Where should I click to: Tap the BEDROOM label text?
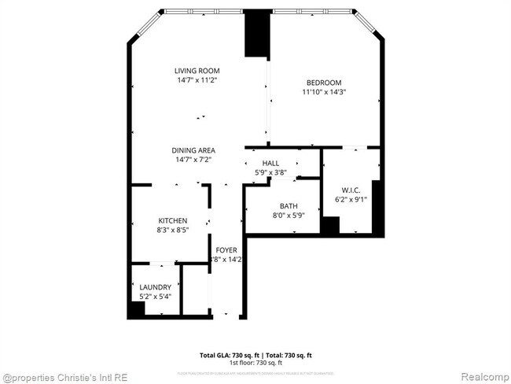click(323, 83)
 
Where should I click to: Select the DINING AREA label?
click(194, 150)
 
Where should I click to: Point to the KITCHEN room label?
click(172, 221)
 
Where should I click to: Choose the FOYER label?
click(226, 250)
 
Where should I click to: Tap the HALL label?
click(270, 163)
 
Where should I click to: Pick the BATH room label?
click(288, 206)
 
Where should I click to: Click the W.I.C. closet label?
click(351, 190)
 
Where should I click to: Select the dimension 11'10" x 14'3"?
click(324, 92)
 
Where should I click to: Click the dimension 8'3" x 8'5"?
click(172, 231)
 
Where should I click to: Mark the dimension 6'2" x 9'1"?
click(351, 200)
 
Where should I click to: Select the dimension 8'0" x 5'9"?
click(288, 216)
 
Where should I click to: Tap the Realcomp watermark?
click(480, 376)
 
